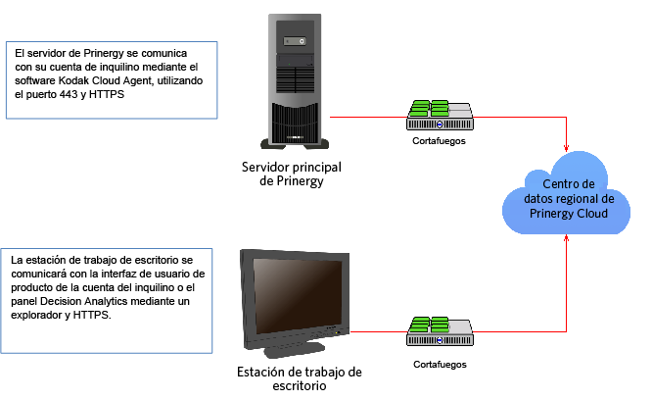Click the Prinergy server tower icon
pos(295,81)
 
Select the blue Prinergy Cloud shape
pos(567,193)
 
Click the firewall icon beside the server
pos(440,115)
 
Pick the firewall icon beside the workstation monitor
pos(440,331)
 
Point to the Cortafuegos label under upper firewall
pos(439,141)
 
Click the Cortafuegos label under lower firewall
pos(440,365)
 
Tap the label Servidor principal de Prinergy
pos(292,174)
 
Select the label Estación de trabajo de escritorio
pos(300,378)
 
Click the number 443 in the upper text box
pos(69,94)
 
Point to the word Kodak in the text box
pos(73,80)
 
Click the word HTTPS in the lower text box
pos(92,315)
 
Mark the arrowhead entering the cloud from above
pos(566,148)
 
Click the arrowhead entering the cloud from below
pos(566,238)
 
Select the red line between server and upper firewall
pos(368,117)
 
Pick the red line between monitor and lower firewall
pos(379,331)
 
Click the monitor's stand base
pos(295,349)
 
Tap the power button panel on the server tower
pos(295,41)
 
